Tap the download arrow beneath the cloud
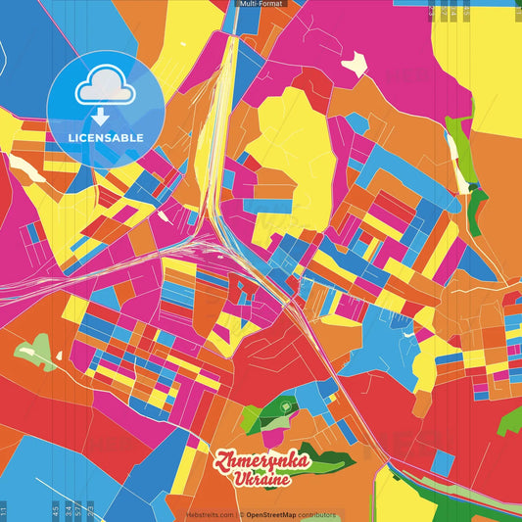click(103, 118)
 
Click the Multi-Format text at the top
click(261, 4)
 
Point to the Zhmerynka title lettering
click(263, 461)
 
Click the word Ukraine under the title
click(263, 480)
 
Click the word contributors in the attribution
click(317, 514)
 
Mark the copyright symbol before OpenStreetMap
click(241, 514)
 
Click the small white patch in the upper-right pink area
click(354, 64)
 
